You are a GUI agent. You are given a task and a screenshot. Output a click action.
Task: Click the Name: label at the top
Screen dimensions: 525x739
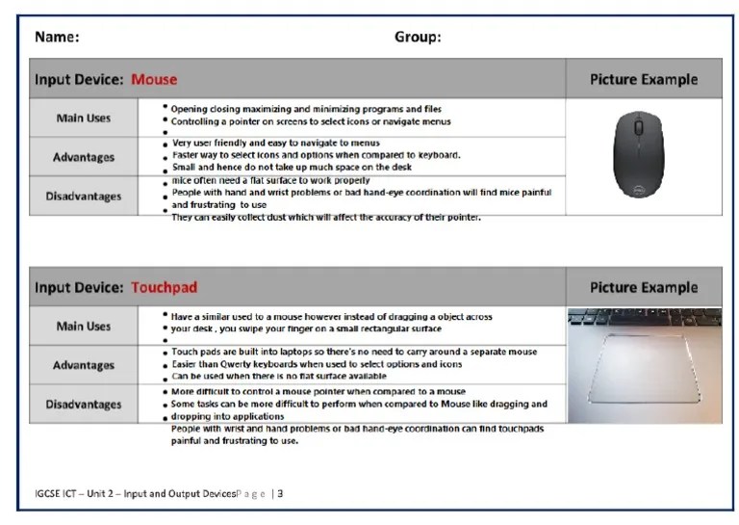(x=57, y=38)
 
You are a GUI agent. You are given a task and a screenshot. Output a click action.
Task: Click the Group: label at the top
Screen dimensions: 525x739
(x=418, y=38)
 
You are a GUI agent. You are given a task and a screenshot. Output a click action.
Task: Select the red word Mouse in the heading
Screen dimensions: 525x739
(x=154, y=79)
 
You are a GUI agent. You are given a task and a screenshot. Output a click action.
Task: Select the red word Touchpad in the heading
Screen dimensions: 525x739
(x=165, y=287)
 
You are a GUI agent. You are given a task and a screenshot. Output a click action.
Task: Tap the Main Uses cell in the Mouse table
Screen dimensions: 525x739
(x=83, y=118)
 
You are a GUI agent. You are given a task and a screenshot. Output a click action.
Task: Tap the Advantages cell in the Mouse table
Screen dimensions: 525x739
(x=84, y=157)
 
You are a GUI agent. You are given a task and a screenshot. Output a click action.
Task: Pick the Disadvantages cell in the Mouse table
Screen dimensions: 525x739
(x=84, y=197)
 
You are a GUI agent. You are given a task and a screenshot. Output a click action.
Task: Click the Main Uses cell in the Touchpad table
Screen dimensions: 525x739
(x=83, y=327)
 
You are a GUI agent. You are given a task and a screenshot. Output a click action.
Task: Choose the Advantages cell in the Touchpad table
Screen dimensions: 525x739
(x=84, y=365)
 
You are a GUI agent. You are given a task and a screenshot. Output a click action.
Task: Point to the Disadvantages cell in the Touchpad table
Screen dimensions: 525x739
(x=84, y=405)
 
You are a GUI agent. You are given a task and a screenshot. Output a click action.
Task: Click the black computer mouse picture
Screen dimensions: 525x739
(x=643, y=153)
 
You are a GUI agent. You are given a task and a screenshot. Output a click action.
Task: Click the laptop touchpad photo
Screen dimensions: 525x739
(x=644, y=366)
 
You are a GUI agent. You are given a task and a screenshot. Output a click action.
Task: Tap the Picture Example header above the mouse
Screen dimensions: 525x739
(x=643, y=79)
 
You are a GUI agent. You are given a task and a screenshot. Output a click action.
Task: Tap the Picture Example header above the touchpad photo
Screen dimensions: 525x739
(x=643, y=287)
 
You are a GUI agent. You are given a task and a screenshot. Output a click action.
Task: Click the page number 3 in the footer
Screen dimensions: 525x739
(x=280, y=494)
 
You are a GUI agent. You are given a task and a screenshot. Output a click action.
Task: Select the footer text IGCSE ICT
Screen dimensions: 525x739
(x=49, y=494)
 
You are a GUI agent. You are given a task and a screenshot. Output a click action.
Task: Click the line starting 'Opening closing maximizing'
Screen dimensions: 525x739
(x=306, y=109)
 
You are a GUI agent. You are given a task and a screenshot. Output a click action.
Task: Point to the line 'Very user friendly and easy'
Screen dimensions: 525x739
(x=274, y=143)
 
